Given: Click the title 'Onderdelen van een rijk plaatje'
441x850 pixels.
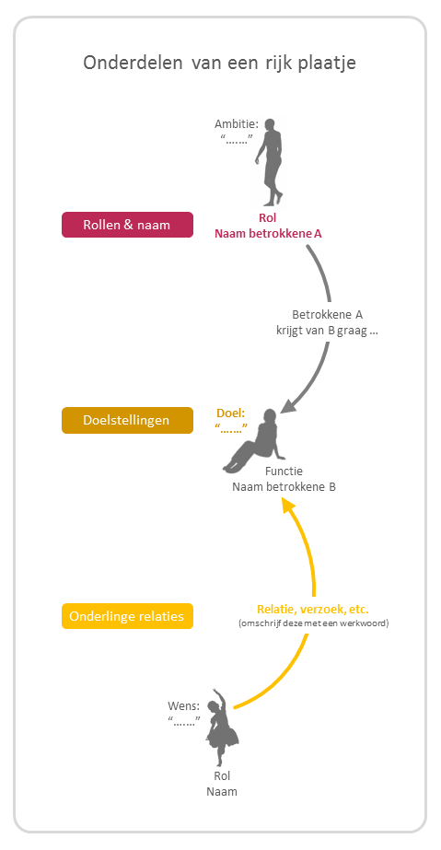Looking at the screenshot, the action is pyautogui.click(x=219, y=63).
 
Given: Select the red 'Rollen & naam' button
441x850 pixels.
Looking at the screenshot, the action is pyautogui.click(x=127, y=225).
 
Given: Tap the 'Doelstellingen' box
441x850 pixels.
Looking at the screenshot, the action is pyautogui.click(x=127, y=420).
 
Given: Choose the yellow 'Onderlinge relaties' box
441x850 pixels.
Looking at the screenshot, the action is pyautogui.click(x=127, y=616).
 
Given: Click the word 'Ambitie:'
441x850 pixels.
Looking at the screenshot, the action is pyautogui.click(x=237, y=124).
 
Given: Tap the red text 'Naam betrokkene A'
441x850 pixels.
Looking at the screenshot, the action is pyautogui.click(x=268, y=234).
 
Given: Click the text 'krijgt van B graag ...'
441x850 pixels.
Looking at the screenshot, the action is pyautogui.click(x=327, y=332).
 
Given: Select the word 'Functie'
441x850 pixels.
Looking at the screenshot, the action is pyautogui.click(x=284, y=471).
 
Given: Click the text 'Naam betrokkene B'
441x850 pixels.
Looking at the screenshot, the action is pyautogui.click(x=284, y=487).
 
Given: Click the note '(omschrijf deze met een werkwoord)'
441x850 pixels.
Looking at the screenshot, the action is pyautogui.click(x=314, y=623).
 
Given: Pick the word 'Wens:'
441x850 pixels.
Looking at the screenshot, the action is pyautogui.click(x=184, y=706).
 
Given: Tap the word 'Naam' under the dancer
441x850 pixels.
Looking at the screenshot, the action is pyautogui.click(x=222, y=791).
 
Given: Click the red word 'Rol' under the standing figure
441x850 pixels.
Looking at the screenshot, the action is pyautogui.click(x=268, y=218).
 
